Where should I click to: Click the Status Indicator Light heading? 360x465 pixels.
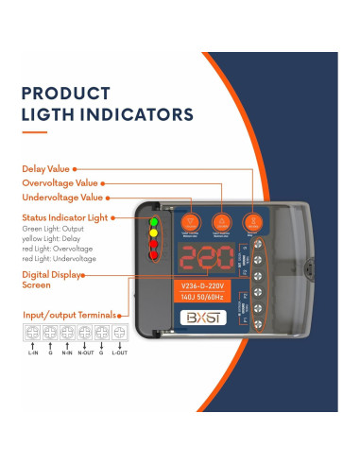tap(65, 218)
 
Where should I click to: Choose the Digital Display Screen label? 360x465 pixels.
tap(51, 281)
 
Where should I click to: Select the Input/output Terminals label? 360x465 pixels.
tap(70, 315)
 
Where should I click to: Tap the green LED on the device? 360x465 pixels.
tap(153, 223)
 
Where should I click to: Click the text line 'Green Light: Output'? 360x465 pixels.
tap(52, 229)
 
